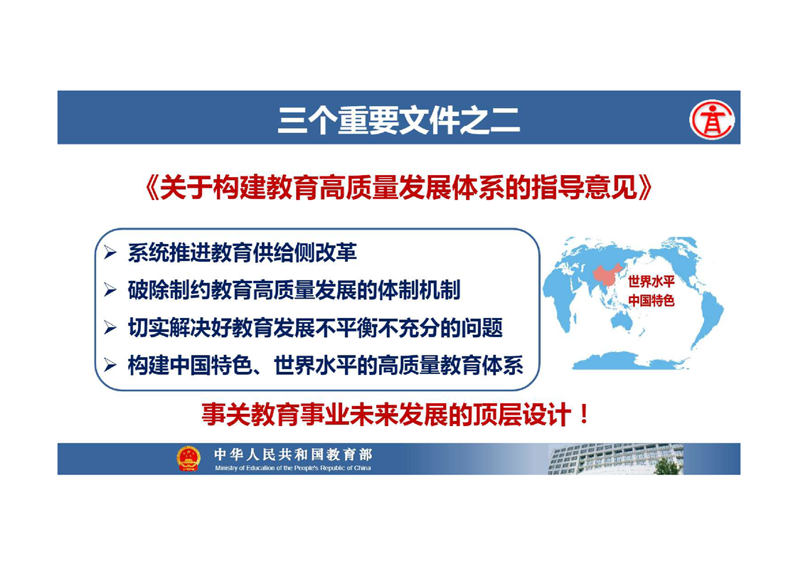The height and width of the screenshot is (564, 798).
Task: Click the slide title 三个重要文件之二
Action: (x=398, y=120)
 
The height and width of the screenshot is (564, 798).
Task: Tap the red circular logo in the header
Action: (x=711, y=119)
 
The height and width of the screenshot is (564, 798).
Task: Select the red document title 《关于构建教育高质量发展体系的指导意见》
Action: (x=398, y=187)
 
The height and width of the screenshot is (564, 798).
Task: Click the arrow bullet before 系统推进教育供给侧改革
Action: (x=110, y=252)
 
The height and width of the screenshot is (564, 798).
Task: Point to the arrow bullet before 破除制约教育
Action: (x=110, y=289)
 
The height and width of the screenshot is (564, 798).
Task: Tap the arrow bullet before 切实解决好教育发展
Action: (x=110, y=327)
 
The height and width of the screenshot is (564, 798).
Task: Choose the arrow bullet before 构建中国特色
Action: (x=110, y=365)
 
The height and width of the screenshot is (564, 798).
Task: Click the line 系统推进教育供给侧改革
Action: (x=243, y=252)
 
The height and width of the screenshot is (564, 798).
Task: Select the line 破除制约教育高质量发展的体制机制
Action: (x=294, y=289)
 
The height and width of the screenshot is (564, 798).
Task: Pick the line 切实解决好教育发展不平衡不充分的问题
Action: (x=316, y=327)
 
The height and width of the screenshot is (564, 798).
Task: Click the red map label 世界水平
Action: (x=651, y=282)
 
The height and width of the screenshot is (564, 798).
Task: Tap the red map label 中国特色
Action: (x=651, y=300)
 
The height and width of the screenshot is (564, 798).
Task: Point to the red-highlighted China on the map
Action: (x=606, y=275)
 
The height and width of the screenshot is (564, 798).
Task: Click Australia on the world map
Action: (x=622, y=320)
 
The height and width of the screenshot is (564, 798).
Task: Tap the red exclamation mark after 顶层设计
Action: (x=584, y=415)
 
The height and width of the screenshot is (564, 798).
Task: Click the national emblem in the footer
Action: (x=188, y=459)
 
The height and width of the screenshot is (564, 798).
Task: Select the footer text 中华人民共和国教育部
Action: (x=292, y=454)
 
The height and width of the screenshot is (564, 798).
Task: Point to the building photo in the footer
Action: (x=615, y=459)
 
